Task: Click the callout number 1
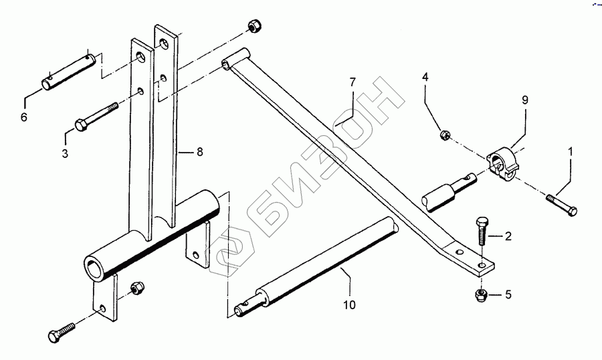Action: pyautogui.click(x=570, y=152)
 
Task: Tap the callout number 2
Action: pyautogui.click(x=508, y=236)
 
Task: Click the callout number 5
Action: pyautogui.click(x=508, y=294)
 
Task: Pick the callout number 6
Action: pyautogui.click(x=25, y=117)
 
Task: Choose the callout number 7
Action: pyautogui.click(x=353, y=82)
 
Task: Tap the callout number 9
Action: pyautogui.click(x=525, y=100)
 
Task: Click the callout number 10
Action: pyautogui.click(x=349, y=305)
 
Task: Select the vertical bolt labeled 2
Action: pyautogui.click(x=483, y=232)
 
